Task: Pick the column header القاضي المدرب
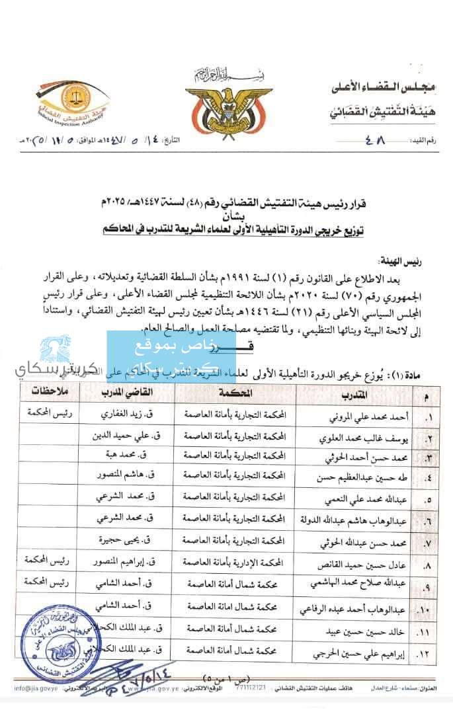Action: tap(126, 393)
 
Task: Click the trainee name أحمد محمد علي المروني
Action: tap(362, 418)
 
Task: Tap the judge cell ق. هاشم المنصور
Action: tap(126, 475)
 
